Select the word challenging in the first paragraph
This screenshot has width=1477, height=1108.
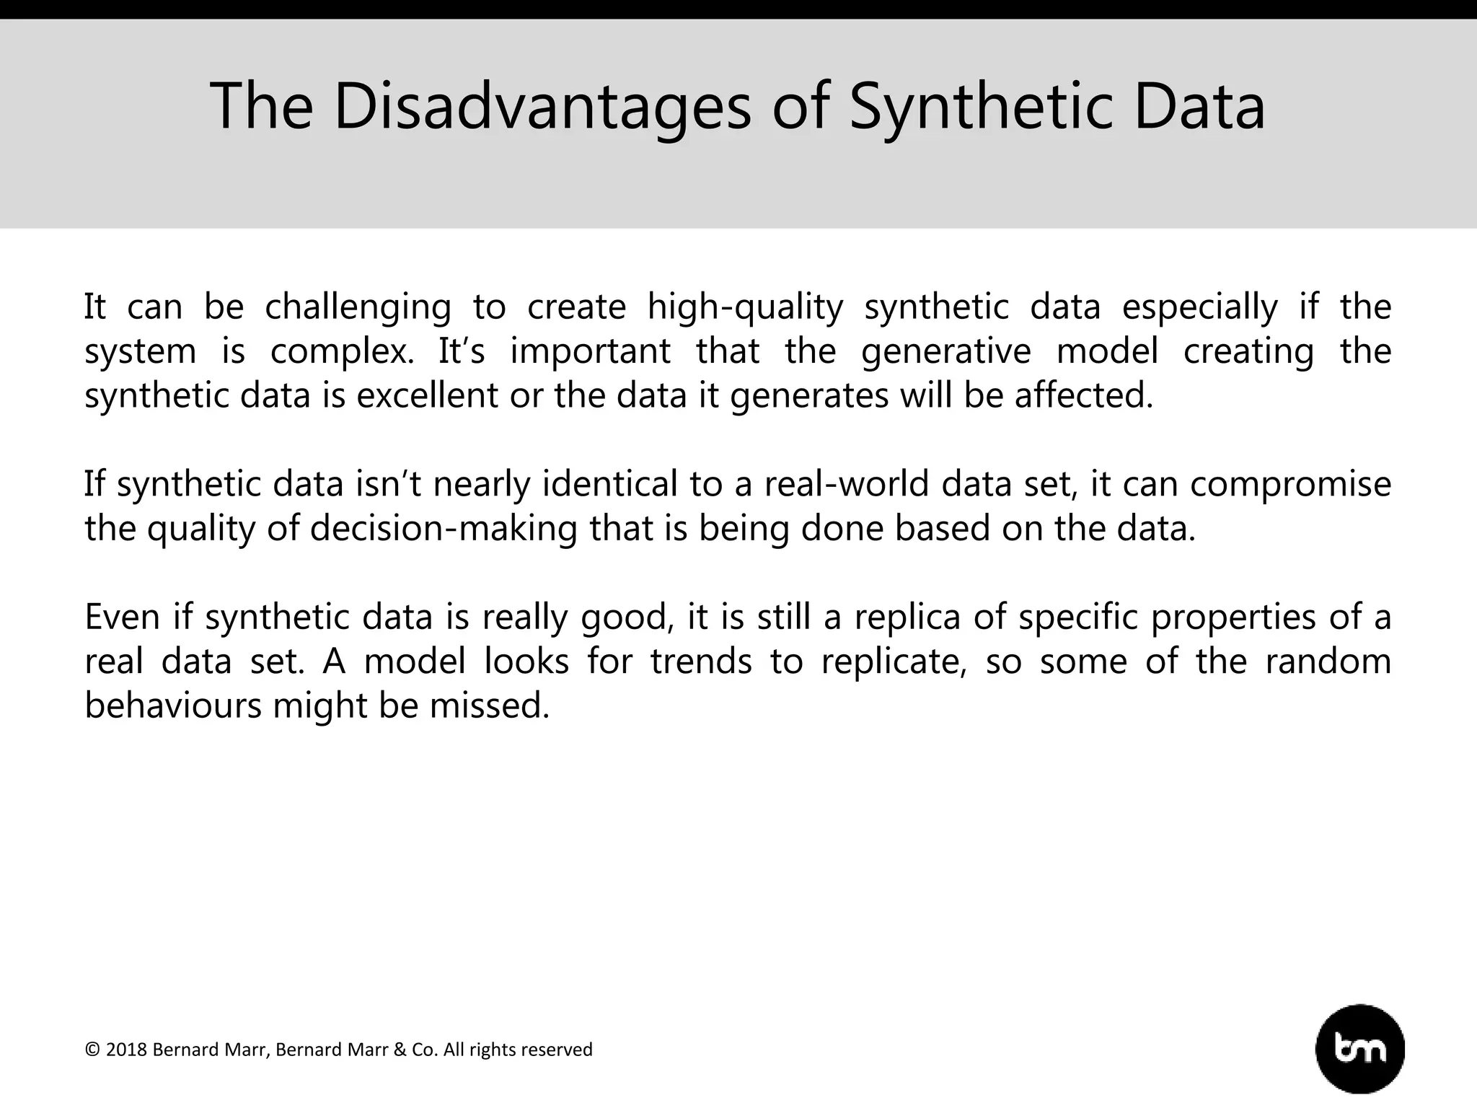pos(358,307)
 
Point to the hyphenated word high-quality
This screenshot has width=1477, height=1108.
pos(745,307)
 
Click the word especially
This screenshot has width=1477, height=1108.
pos(1199,307)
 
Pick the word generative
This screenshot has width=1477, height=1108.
pos(945,352)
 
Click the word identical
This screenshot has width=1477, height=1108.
pos(610,484)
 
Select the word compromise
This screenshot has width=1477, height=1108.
pos(1290,484)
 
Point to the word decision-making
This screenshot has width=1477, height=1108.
pos(444,529)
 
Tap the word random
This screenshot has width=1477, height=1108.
pos(1328,661)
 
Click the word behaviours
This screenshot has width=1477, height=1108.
pos(173,705)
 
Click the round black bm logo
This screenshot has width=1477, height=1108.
pos(1360,1049)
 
